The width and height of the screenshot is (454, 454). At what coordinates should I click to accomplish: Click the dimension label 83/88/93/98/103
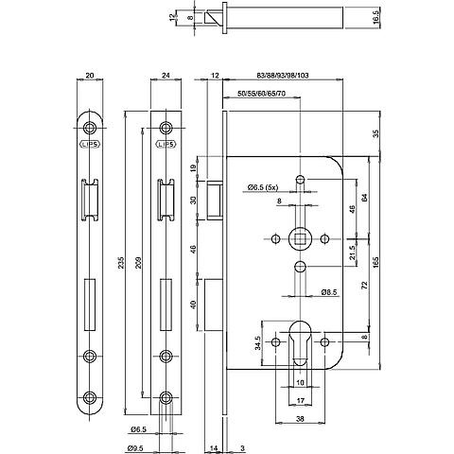(x=283, y=76)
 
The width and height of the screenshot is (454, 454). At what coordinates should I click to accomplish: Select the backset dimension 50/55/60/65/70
(x=261, y=94)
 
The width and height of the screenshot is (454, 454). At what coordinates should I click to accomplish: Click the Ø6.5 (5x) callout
(x=263, y=187)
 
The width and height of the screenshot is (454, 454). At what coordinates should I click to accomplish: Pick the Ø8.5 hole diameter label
(x=329, y=292)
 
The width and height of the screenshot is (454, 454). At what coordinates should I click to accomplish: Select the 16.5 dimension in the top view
(x=375, y=16)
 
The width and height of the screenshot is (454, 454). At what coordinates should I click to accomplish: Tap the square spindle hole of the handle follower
(x=300, y=239)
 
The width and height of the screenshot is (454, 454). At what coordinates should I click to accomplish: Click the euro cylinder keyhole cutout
(x=300, y=342)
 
